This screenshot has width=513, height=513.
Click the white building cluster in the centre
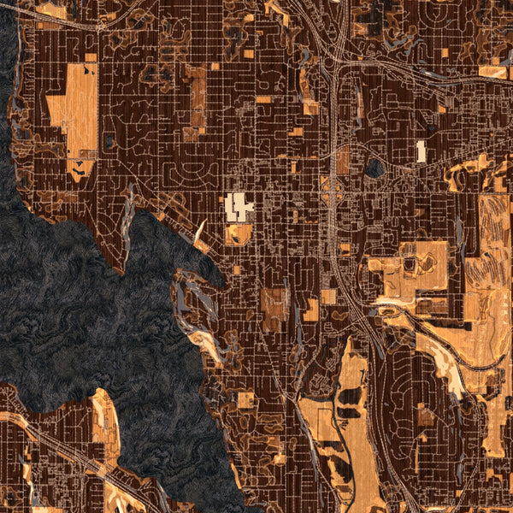point(239,206)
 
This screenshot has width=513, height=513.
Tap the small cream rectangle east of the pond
point(421,152)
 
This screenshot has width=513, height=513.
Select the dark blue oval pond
point(374,167)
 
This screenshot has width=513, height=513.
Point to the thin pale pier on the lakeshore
point(200,231)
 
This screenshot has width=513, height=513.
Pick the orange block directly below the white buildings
point(239,233)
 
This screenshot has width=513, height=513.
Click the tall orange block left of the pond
point(343,161)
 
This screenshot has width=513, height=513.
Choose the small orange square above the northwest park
point(90,57)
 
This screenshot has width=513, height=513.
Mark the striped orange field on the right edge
point(494,231)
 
